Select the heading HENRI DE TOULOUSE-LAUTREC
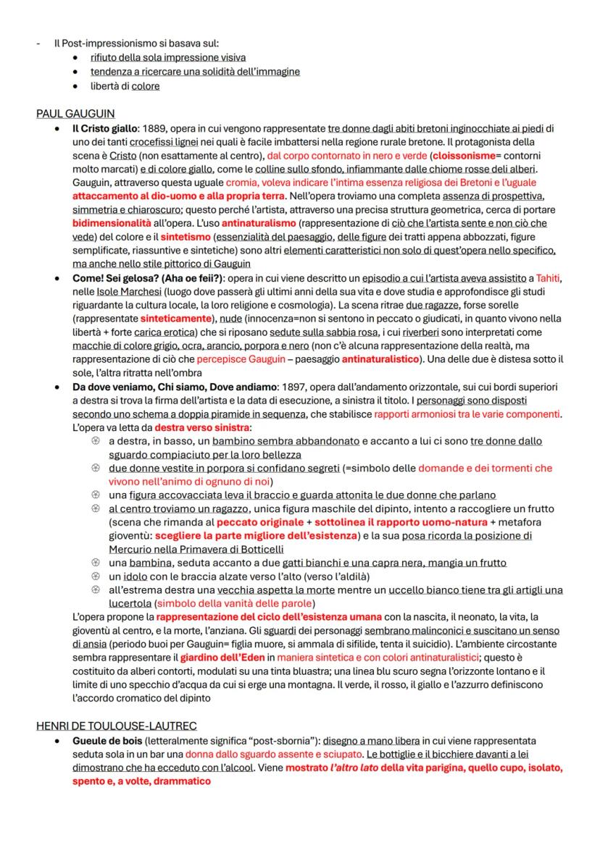coord(117,726)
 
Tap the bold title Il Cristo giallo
coord(104,129)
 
